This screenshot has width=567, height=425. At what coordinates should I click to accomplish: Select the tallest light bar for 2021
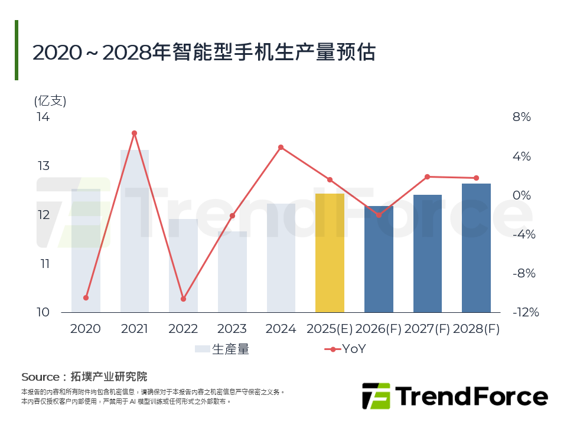coord(135,230)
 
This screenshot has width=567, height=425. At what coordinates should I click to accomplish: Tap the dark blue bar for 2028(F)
coord(476,248)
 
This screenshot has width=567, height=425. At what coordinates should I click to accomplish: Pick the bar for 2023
coord(232,272)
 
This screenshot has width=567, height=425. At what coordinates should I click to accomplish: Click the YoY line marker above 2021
coord(134,133)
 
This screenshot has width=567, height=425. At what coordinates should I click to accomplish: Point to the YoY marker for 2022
coord(183,299)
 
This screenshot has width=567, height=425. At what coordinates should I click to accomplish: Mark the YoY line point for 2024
coord(281,147)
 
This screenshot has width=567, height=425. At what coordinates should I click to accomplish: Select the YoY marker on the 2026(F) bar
coord(379,215)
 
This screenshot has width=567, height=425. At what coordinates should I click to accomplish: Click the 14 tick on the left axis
coord(43,117)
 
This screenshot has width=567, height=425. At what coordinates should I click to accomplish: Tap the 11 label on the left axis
coord(44,263)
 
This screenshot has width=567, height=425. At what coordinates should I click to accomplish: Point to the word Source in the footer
coord(40,377)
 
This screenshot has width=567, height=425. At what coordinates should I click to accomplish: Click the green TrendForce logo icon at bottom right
coord(376,395)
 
